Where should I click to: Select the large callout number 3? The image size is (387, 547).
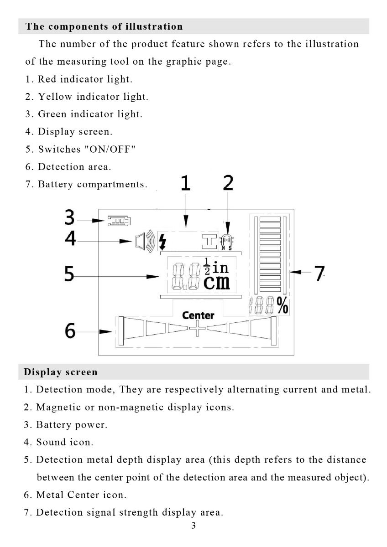(69, 218)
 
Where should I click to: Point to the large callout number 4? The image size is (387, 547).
(70, 239)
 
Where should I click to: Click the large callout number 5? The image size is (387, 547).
(69, 274)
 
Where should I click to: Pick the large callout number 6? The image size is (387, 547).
(70, 330)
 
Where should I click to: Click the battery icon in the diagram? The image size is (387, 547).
(119, 221)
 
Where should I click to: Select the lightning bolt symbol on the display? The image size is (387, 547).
(162, 242)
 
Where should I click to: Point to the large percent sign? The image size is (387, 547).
(282, 305)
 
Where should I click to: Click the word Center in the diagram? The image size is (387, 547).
(198, 315)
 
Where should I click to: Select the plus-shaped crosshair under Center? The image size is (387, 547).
(198, 328)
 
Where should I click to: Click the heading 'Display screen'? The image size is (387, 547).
(61, 372)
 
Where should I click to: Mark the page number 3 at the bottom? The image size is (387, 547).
(193, 526)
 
